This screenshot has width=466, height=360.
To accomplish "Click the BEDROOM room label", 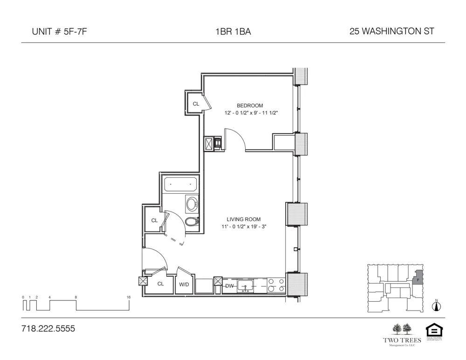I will pos(250,106).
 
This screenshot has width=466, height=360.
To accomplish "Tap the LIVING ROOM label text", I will pos(244,219).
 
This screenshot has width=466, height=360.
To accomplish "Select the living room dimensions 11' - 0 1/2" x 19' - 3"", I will pos(244,227).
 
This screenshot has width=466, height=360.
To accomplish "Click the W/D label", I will pos(184,284).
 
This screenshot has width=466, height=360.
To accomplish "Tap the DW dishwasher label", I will pos(229,286).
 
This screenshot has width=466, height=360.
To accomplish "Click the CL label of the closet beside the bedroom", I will pos(196,104).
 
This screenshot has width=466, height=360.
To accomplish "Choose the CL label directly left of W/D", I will pos(160,284).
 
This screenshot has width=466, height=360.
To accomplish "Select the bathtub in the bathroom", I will pos(180,184).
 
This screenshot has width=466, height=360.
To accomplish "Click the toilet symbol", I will pos(191,222).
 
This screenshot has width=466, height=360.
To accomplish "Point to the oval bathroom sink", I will pos(192,204).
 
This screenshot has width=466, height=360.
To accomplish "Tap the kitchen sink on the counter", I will pos(245,285).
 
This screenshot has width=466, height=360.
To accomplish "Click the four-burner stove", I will pos(276,285).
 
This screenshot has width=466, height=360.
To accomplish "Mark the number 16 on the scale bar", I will pos(128,297).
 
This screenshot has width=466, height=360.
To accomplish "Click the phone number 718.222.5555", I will pos(48,329).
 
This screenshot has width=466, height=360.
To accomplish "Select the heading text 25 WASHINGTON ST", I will pos(391,32).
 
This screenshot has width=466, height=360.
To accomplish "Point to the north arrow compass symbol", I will pos(437,306).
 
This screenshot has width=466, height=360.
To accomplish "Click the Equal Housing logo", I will pos(434,331).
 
